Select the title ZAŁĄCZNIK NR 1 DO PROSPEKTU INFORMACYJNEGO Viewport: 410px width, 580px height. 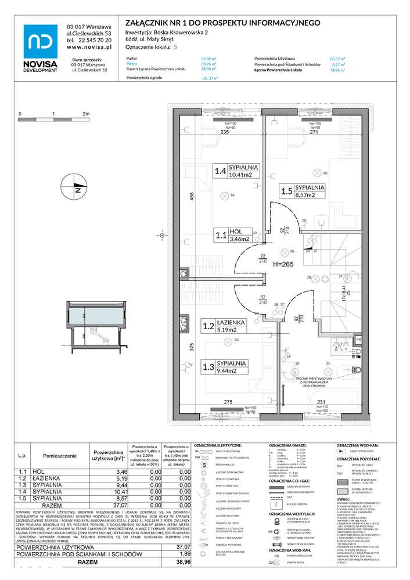224,22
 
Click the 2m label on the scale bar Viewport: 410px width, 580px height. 87,113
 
